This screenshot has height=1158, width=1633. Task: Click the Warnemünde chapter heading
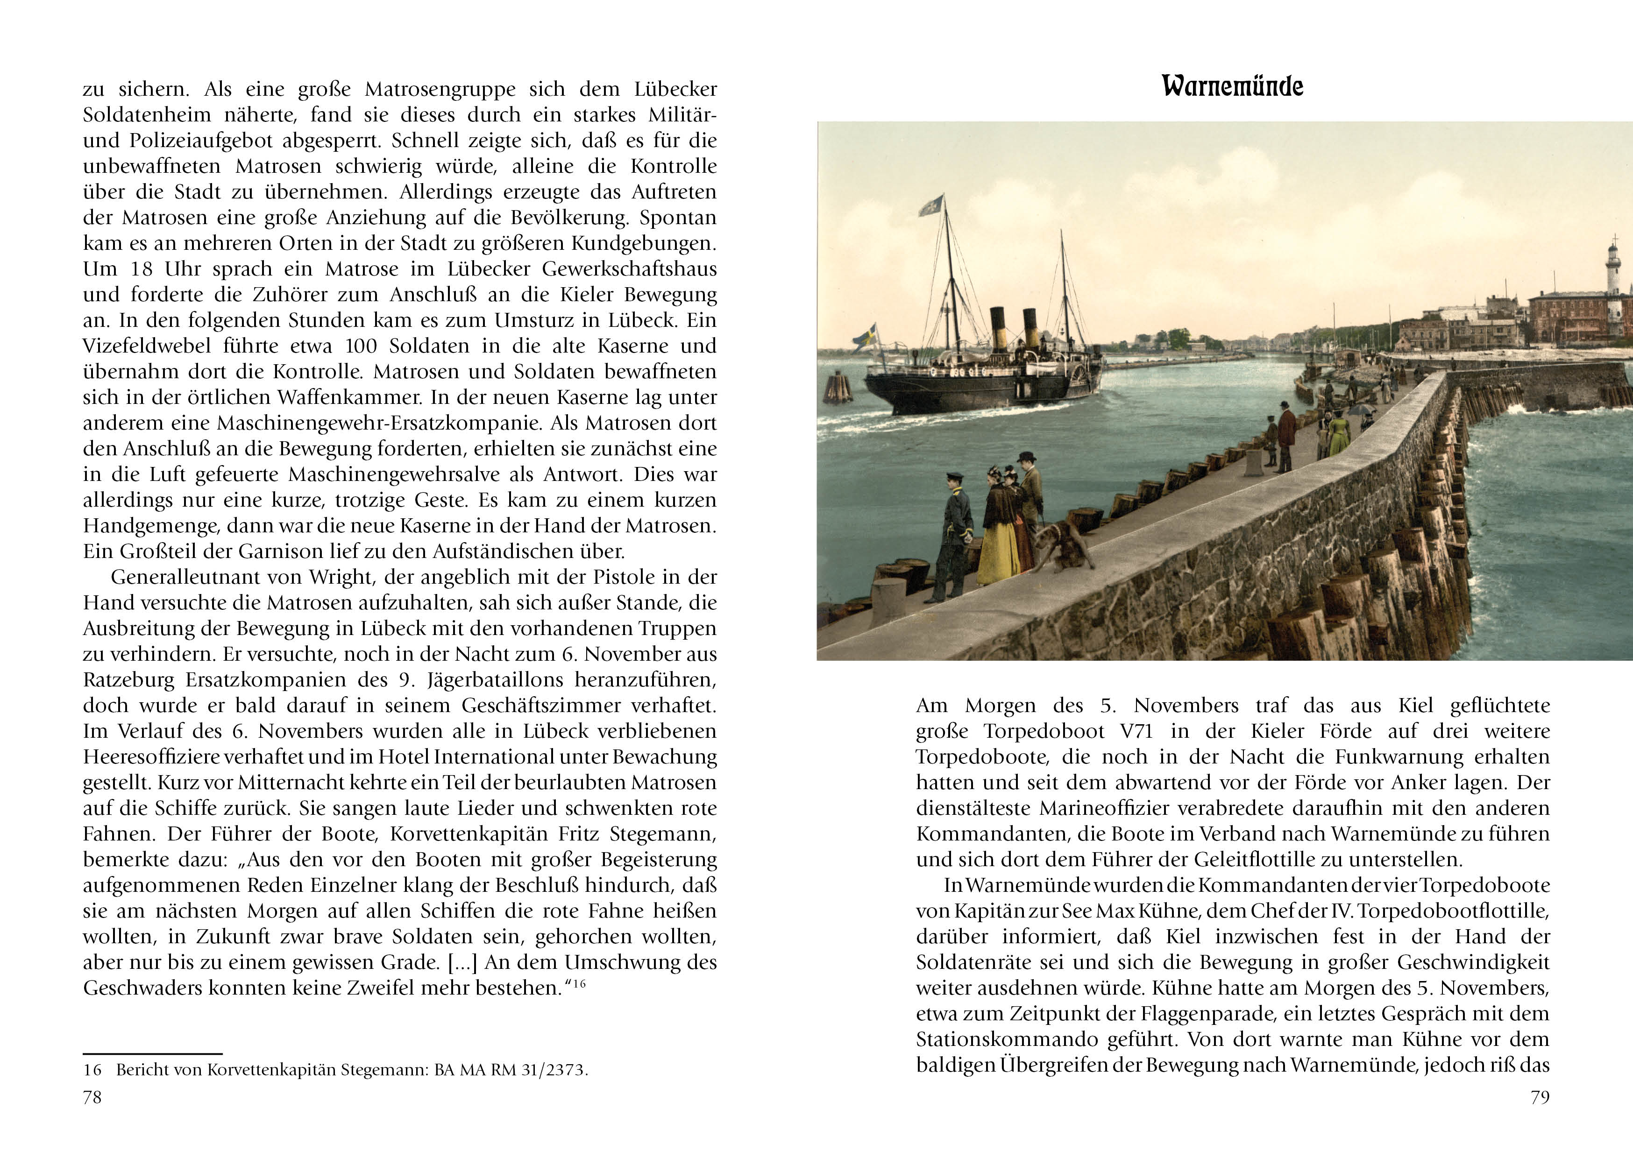[1232, 86]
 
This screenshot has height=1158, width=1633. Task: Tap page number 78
[92, 1097]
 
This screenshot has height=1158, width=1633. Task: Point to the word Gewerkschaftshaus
[629, 269]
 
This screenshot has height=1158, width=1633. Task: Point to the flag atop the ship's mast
[930, 206]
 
